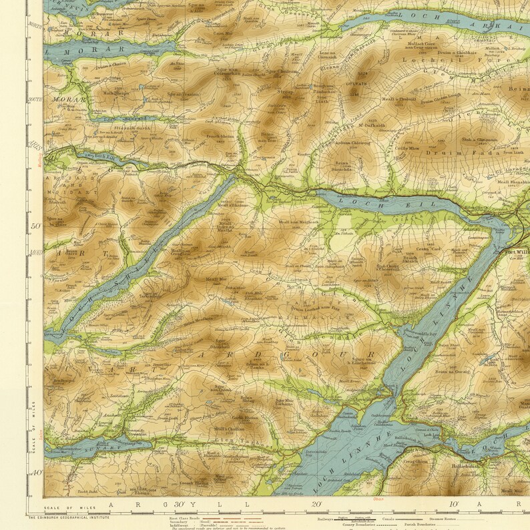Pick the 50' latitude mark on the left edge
(x=35, y=226)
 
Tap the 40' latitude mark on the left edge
(x=35, y=473)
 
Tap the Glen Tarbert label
(x=234, y=441)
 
